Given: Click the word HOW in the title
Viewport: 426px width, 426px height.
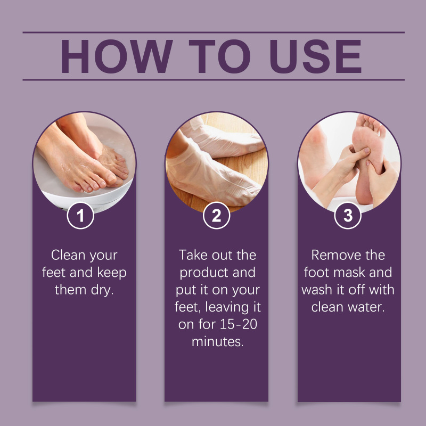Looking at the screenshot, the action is click(117, 56).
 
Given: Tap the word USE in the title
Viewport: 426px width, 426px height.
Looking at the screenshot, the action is click(316, 56).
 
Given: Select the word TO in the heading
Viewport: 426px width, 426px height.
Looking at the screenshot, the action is click(219, 56).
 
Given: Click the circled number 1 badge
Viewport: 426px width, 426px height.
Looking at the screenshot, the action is click(80, 216).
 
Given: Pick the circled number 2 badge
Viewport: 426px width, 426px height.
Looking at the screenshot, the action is click(217, 216).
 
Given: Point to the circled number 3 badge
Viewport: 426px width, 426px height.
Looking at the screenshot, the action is click(348, 216).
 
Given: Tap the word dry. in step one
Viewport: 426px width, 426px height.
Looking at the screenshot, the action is click(102, 290).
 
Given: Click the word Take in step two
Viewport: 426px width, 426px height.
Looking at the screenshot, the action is click(193, 255).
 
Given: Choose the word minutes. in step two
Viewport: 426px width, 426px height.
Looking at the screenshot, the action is click(218, 342).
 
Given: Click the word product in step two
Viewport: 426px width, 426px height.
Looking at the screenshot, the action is click(203, 273).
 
